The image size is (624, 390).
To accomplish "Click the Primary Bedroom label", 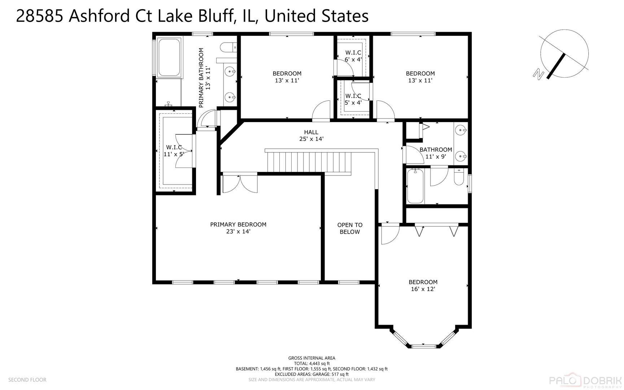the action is point(238,228).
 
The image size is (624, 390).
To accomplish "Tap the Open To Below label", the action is point(350,228).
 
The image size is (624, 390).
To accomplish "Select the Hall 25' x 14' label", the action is point(311,135).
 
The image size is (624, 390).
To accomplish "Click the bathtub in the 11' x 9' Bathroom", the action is point(415,186).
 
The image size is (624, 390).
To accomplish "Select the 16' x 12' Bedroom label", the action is point(423,285).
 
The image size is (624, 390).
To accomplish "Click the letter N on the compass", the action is point(538,74).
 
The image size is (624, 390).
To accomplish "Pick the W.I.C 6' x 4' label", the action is point(353,56).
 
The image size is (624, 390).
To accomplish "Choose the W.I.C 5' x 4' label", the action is point(353,99).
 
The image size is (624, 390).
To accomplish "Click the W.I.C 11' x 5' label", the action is point(174,151).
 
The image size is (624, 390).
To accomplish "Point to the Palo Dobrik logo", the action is point(585,381).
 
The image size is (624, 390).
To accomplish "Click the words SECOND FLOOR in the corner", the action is point(27,380).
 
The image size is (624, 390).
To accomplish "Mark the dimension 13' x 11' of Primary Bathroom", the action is point(208,78).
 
